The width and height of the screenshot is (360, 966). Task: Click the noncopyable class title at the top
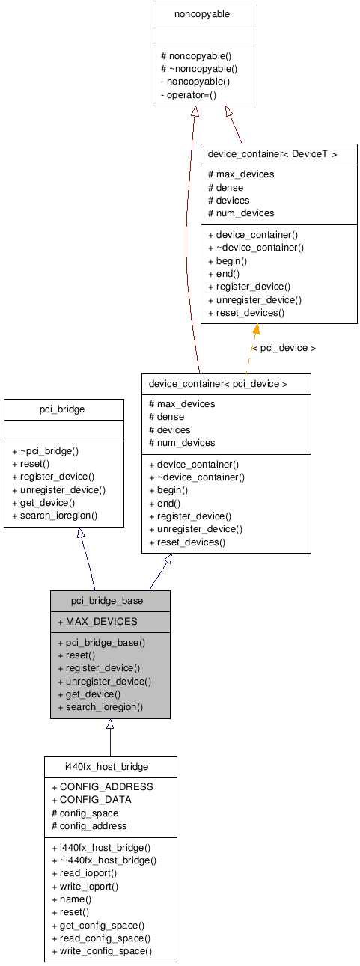[204, 14]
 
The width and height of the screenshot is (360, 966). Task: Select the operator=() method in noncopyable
[192, 94]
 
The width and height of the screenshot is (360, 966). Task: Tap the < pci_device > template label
[284, 348]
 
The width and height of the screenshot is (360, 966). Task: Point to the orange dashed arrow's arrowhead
[256, 330]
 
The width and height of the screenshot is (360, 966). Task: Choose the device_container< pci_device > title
[219, 384]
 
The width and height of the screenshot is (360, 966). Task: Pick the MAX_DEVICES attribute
[97, 621]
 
